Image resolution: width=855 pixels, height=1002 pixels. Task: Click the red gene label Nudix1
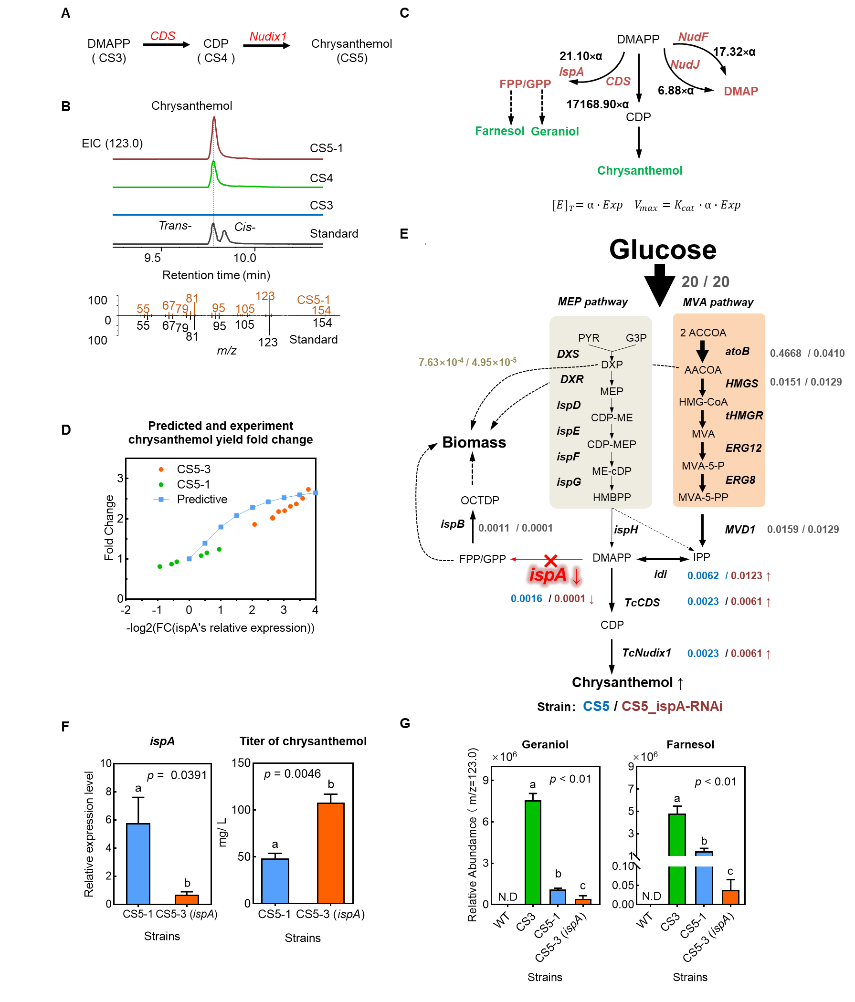(x=268, y=37)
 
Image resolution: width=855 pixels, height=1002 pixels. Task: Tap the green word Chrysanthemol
(x=639, y=171)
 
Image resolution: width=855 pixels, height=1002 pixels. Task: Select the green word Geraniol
(x=555, y=132)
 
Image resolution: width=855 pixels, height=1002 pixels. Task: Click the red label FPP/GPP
(x=525, y=84)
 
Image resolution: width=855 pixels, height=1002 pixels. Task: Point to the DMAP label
(x=740, y=92)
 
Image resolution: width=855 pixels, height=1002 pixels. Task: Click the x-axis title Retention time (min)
(x=216, y=275)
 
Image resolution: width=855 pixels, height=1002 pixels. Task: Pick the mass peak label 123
(x=264, y=296)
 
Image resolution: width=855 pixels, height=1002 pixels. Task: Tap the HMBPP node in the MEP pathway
(x=612, y=497)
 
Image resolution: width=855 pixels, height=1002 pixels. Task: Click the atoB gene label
(x=737, y=352)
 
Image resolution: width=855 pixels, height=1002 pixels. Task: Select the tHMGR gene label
(x=744, y=416)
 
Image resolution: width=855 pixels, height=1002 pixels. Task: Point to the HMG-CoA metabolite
(x=703, y=402)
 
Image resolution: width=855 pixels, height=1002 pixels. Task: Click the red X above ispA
(x=550, y=560)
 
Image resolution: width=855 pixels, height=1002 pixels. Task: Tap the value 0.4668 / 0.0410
(x=807, y=354)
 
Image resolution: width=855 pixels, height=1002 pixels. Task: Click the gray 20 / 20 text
(x=705, y=282)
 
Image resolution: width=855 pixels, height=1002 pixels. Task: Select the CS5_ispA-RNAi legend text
(x=672, y=706)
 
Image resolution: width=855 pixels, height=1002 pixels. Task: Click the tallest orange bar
(x=330, y=853)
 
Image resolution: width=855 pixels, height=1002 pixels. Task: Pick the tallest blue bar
(x=138, y=864)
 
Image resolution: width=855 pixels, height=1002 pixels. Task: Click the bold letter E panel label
(x=404, y=234)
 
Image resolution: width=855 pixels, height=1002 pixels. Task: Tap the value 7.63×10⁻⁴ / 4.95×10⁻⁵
(x=467, y=362)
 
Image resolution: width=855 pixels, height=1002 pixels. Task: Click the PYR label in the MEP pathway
(x=589, y=338)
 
